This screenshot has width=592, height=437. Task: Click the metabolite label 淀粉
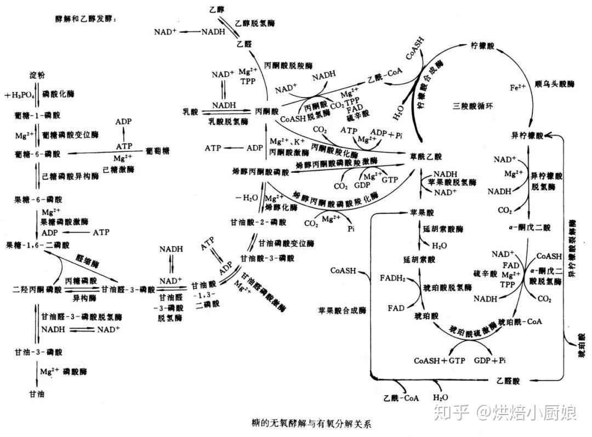click(37, 73)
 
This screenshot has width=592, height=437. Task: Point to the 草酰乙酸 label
click(425, 156)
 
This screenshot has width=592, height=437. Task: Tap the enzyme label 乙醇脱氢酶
click(255, 23)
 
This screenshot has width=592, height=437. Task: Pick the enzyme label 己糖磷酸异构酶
click(70, 177)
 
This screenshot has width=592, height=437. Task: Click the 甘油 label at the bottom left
click(37, 393)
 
